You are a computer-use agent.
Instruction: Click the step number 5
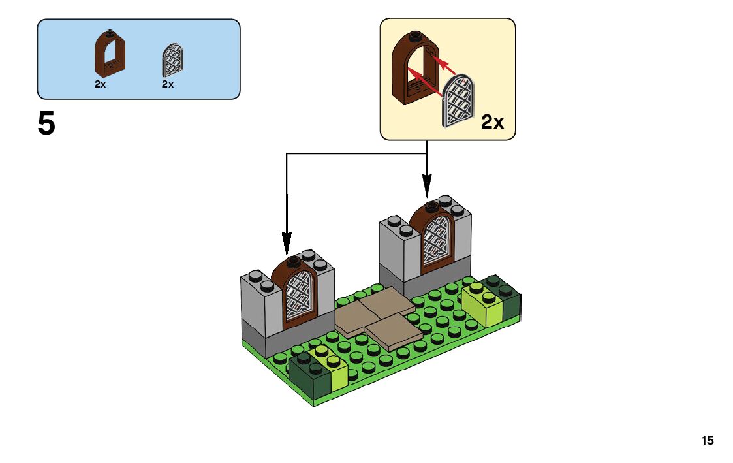click(x=46, y=125)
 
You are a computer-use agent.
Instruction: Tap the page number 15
click(x=708, y=441)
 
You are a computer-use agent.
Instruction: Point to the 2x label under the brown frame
click(x=100, y=84)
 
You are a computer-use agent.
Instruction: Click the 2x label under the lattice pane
click(x=168, y=84)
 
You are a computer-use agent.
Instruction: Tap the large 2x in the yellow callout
click(x=493, y=121)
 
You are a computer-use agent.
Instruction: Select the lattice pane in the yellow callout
click(x=460, y=102)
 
